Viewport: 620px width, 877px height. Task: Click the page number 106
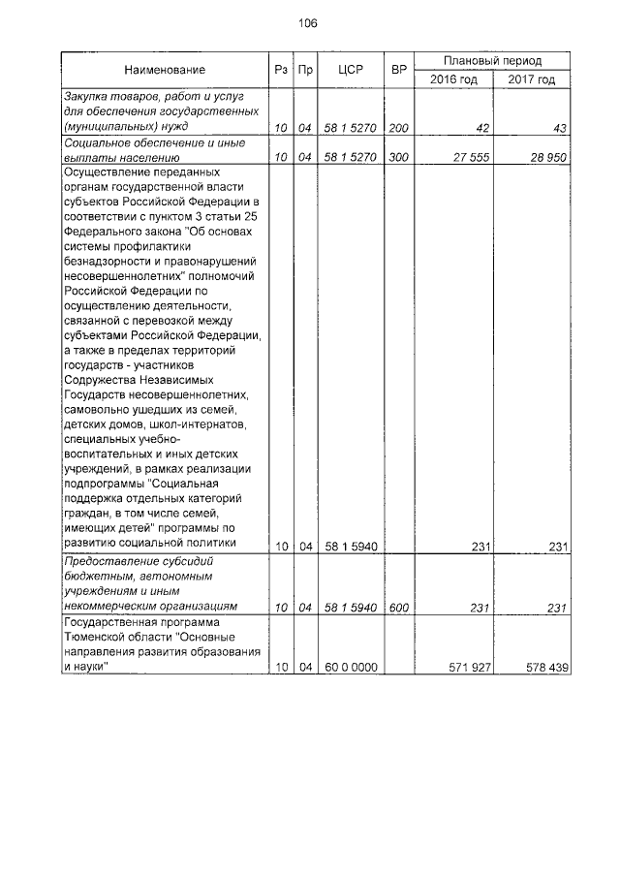point(309,23)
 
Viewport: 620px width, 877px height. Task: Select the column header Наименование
point(164,70)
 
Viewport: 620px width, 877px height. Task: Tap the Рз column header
point(280,70)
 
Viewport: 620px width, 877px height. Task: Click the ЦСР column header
point(350,70)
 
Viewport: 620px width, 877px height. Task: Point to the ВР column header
point(397,70)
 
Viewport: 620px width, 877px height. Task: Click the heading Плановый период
point(492,60)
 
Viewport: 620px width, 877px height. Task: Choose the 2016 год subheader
point(453,79)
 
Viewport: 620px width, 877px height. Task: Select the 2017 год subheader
point(531,79)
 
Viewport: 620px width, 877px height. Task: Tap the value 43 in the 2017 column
point(558,127)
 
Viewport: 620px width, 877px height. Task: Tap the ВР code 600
point(397,607)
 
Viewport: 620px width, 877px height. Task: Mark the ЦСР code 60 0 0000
point(350,669)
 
